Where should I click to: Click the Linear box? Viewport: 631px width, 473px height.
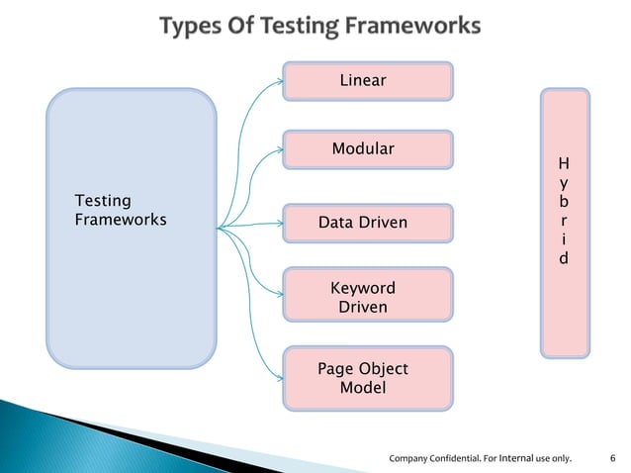point(368,81)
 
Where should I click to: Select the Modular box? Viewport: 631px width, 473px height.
point(368,149)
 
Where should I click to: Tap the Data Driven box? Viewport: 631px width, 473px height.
point(368,224)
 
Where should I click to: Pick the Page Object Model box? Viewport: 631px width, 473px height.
point(368,378)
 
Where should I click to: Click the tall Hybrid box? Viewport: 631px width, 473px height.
point(565,222)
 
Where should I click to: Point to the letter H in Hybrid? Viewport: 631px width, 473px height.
point(564,163)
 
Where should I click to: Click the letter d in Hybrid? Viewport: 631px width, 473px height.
point(564,259)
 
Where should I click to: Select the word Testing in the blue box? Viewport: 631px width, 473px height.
point(103,201)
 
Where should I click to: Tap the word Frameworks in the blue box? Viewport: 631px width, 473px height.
point(121,220)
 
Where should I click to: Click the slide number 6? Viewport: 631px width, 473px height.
point(613,458)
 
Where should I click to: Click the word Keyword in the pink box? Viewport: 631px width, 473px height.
point(362,288)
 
